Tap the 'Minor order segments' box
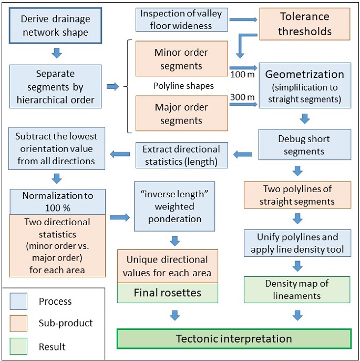181,59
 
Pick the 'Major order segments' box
181,114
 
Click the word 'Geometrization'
305,74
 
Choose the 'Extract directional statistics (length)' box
181,155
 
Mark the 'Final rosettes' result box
167,292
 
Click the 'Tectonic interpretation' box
233,338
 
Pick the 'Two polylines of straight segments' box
297,195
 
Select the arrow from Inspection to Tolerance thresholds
243,20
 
